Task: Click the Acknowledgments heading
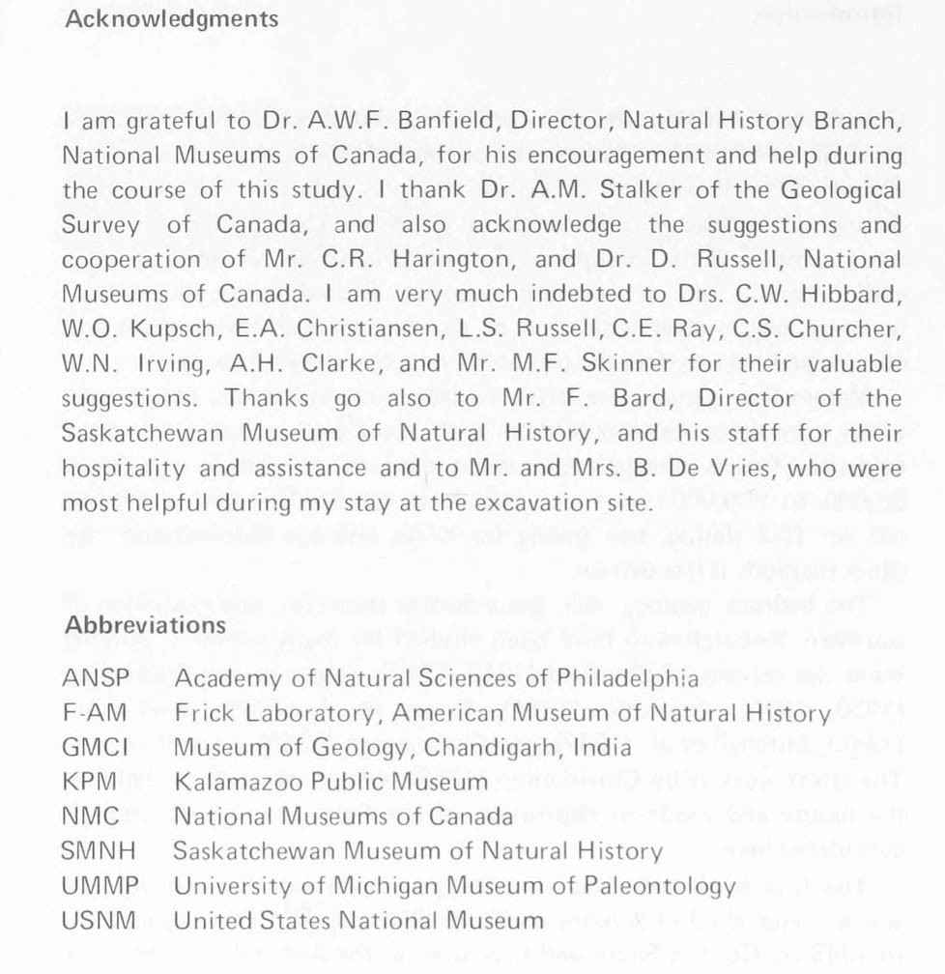tap(171, 18)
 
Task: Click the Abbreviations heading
tap(145, 624)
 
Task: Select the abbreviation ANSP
tap(95, 678)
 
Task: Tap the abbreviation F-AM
tap(95, 713)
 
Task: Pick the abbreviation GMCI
tap(95, 747)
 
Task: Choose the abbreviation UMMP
tap(100, 885)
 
